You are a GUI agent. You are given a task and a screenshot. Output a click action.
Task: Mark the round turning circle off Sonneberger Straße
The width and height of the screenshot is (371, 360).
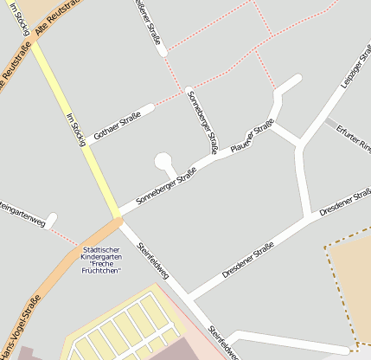click(162, 160)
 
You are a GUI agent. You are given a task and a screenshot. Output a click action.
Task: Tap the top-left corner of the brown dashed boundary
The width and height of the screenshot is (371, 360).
click(326, 248)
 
